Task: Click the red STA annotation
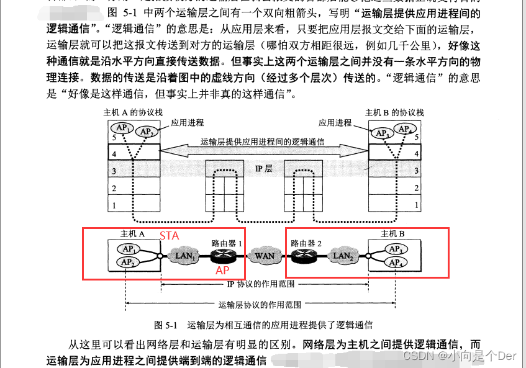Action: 170,236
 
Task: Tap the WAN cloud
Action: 265,256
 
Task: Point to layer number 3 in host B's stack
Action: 417,170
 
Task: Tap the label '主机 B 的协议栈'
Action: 394,113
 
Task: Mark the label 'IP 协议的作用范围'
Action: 261,285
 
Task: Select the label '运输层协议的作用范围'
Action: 261,305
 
